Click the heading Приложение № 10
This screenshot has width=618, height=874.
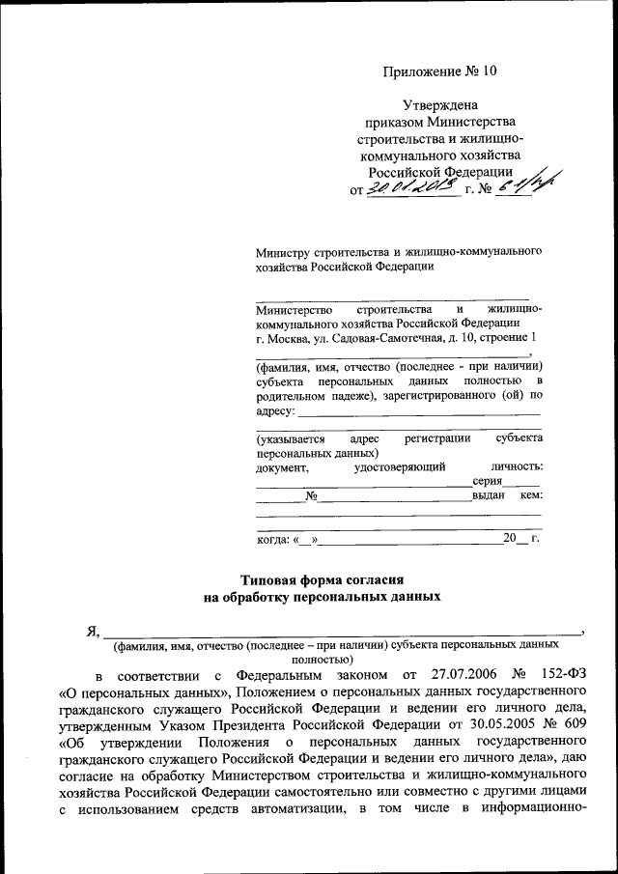click(439, 70)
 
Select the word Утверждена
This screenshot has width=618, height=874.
click(439, 105)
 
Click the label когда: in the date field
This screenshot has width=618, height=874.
click(273, 538)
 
